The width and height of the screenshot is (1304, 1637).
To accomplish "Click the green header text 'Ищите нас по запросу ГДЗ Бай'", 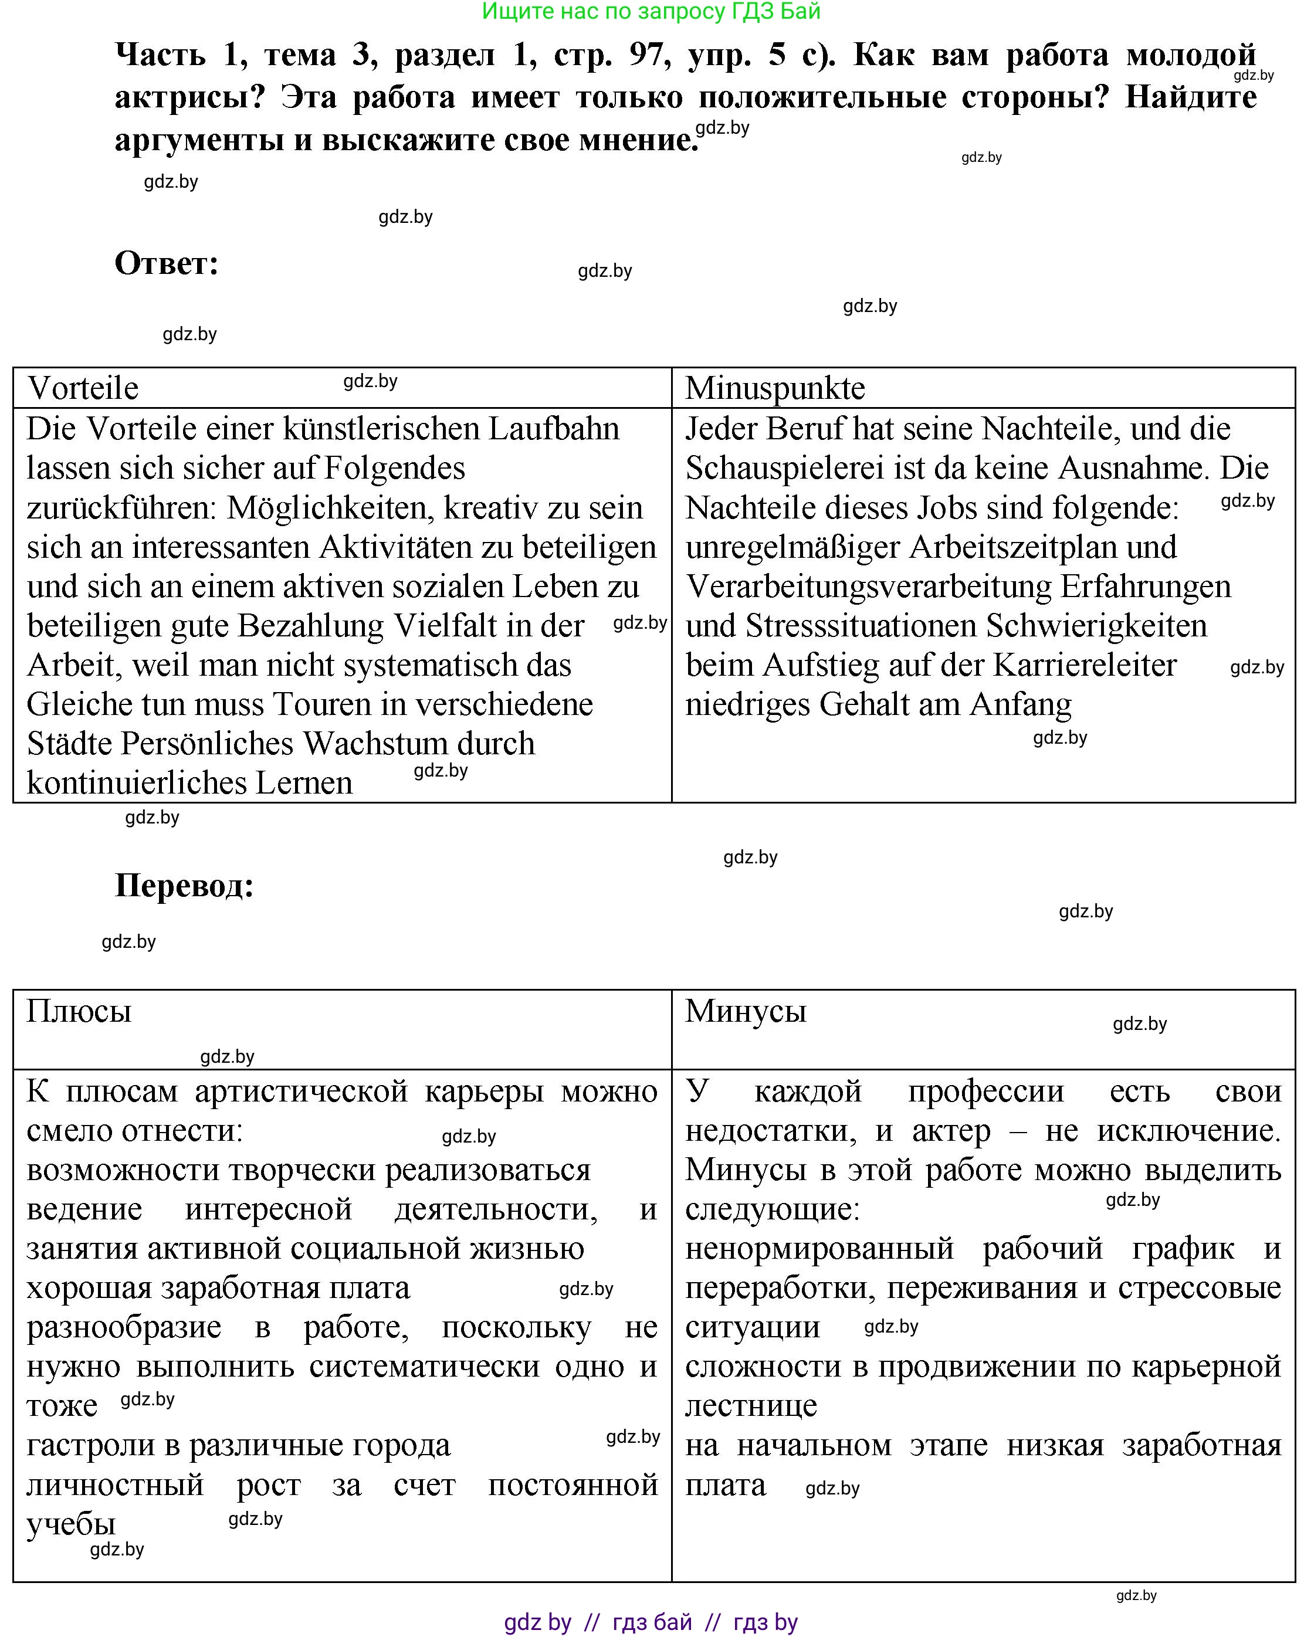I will [x=651, y=11].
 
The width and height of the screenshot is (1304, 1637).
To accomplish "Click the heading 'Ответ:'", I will [x=167, y=263].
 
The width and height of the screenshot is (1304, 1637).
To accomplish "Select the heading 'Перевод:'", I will [x=184, y=885].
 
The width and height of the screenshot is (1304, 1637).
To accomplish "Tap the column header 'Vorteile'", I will [x=83, y=388].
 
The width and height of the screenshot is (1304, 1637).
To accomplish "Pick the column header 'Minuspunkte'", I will [x=775, y=388].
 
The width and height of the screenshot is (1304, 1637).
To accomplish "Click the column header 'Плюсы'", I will [x=79, y=1011].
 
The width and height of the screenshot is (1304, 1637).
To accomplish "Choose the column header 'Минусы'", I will [x=745, y=1011].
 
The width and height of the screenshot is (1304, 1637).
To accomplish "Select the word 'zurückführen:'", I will [x=122, y=508].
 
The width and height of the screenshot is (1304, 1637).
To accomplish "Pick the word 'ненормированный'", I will [x=819, y=1249].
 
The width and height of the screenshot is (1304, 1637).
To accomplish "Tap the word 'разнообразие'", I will [x=124, y=1327].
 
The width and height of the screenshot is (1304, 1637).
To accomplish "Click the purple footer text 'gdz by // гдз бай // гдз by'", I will [x=651, y=1622].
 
